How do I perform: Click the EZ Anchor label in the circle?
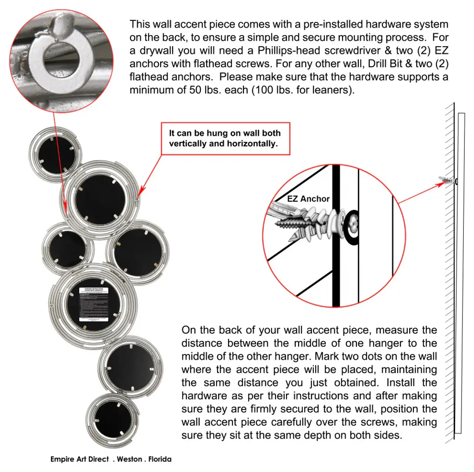308,199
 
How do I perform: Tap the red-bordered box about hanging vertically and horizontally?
225,138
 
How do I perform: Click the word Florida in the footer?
160,460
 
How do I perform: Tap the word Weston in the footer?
130,460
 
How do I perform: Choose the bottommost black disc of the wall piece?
112,419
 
